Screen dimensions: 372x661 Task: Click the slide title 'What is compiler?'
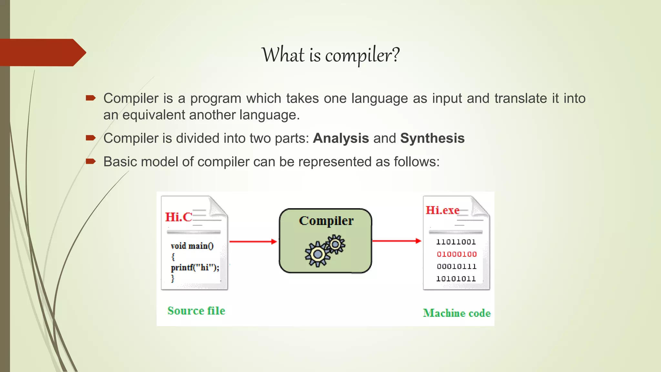point(330,55)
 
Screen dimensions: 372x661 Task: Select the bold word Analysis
point(341,138)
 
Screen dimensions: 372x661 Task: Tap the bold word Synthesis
point(432,138)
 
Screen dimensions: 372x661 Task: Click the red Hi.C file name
point(178,217)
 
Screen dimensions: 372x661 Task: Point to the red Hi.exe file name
point(442,210)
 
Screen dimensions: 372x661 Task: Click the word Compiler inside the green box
point(326,221)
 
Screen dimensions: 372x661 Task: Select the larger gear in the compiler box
point(318,254)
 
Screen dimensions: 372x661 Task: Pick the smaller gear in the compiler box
point(335,244)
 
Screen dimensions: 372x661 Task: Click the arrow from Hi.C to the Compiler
point(253,242)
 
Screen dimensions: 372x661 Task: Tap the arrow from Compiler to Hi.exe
point(397,241)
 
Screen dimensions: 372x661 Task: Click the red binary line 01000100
point(456,254)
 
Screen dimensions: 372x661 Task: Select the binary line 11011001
point(456,242)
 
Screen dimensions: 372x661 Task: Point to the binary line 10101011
point(456,279)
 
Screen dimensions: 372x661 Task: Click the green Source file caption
point(196,311)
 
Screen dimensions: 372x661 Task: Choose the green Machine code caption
point(457,313)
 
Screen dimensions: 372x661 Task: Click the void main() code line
point(192,246)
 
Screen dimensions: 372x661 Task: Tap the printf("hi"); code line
point(195,267)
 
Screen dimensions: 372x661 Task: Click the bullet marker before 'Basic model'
point(91,161)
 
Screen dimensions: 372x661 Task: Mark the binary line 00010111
point(456,266)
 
